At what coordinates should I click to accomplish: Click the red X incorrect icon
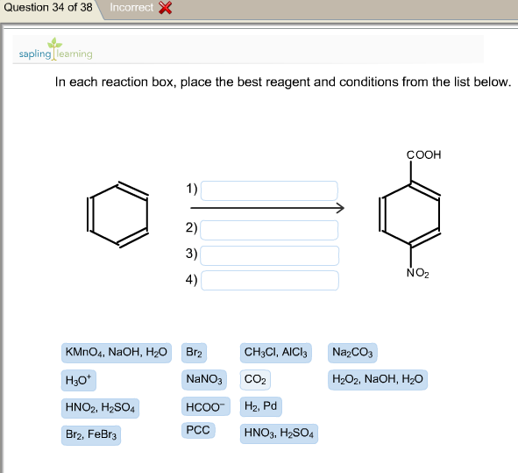coord(165,8)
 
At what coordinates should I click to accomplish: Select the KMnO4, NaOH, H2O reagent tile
coord(117,353)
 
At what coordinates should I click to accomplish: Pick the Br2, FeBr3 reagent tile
coord(91,435)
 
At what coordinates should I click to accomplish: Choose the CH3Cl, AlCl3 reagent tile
coord(275,353)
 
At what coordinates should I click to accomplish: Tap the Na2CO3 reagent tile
coord(352,353)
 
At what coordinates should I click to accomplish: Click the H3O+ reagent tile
coord(79,380)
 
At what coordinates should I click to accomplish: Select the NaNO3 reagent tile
coord(204,380)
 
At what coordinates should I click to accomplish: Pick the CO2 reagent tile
coord(255,380)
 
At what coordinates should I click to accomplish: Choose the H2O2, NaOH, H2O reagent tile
coord(378,380)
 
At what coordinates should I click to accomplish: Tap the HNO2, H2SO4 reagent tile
coord(100,408)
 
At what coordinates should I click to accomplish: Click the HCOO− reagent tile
coord(205,406)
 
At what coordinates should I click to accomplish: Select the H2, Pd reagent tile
coord(260,406)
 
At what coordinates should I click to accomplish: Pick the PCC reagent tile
coord(198,430)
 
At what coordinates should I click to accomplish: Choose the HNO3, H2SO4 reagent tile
coord(279,434)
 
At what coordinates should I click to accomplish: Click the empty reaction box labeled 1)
coord(269,190)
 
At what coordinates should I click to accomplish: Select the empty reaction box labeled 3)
coord(270,255)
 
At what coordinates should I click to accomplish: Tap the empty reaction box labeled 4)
coord(270,281)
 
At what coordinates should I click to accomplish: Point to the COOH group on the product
coord(424,154)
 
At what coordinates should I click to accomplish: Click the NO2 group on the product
coord(418,273)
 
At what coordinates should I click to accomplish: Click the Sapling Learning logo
coord(55,50)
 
